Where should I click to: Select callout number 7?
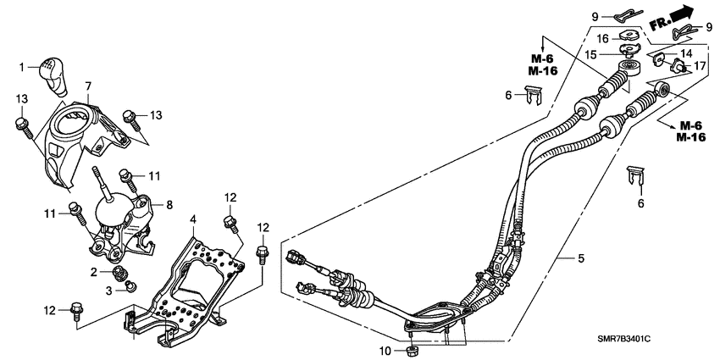pyautogui.click(x=87, y=86)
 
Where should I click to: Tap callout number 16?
pyautogui.click(x=603, y=38)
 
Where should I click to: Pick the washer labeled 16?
pyautogui.click(x=629, y=36)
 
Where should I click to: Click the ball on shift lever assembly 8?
pyautogui.click(x=112, y=208)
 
